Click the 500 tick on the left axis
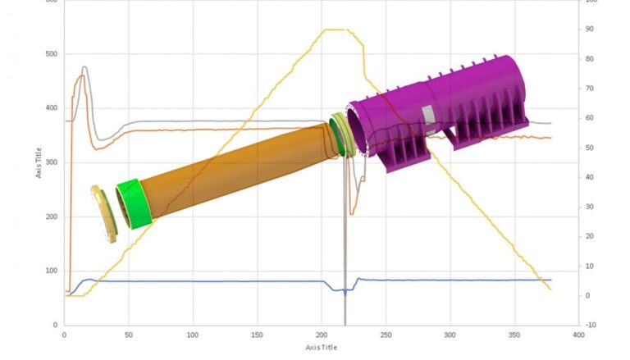(52, 54)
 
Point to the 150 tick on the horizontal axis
(257, 335)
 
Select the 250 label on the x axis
(386, 335)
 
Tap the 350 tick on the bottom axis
(514, 335)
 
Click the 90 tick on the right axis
(589, 30)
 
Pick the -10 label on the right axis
(591, 325)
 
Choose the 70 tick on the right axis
(589, 89)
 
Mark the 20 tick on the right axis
(589, 236)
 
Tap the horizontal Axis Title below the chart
(321, 347)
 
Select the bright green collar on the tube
(134, 203)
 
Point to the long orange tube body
(238, 168)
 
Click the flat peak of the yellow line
(336, 30)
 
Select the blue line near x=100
(193, 281)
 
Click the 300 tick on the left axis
(52, 162)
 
